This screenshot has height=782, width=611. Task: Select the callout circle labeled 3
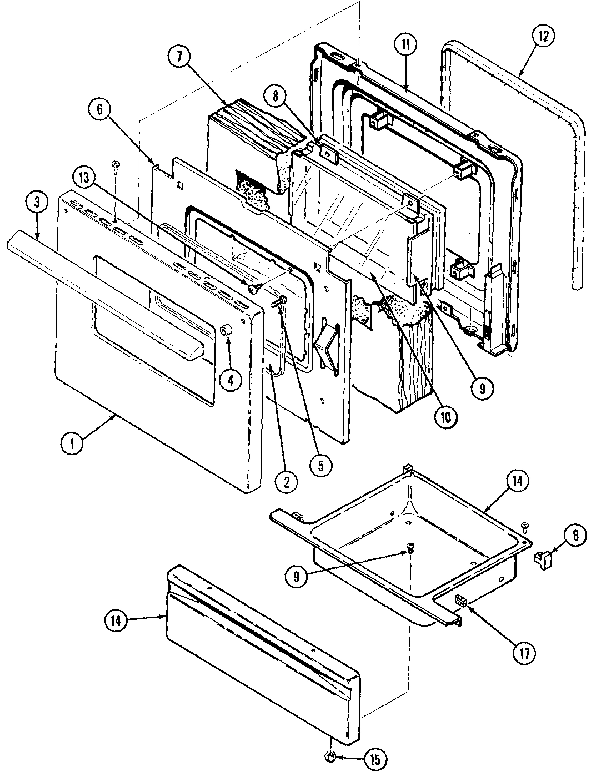(37, 203)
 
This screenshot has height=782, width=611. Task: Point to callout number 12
(542, 36)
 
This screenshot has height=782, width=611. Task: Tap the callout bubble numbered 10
(446, 415)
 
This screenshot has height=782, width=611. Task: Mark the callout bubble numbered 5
(320, 464)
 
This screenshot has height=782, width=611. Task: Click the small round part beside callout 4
(226, 331)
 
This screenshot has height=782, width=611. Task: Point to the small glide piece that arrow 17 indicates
(460, 599)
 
